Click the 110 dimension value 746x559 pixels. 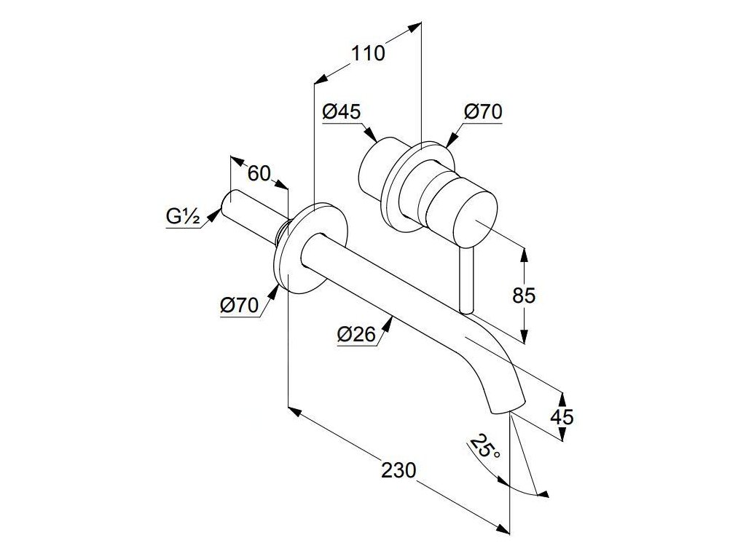(369, 54)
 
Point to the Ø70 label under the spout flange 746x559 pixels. (239, 306)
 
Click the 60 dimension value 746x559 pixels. (259, 173)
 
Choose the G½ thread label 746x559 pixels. (183, 216)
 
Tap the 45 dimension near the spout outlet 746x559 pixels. (562, 416)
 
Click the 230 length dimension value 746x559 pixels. (398, 470)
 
